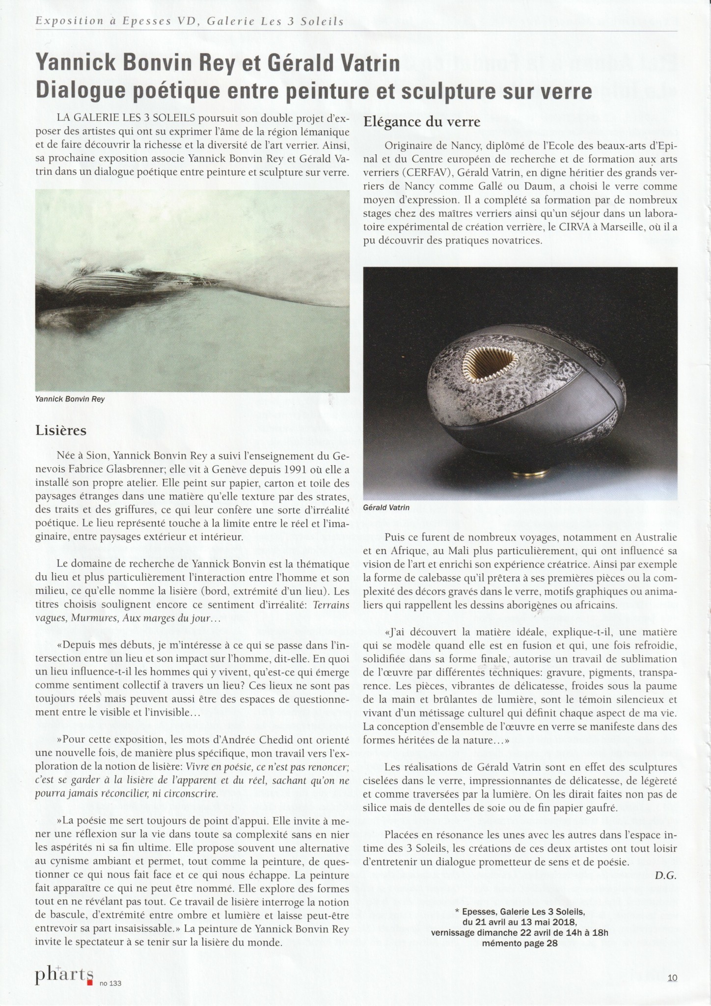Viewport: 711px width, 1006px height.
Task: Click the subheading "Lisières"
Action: [x=61, y=431]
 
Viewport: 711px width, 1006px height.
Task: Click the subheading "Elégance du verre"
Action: [x=421, y=121]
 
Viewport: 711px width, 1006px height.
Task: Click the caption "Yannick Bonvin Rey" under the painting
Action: [x=70, y=399]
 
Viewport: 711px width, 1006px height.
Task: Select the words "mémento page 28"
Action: [x=520, y=943]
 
